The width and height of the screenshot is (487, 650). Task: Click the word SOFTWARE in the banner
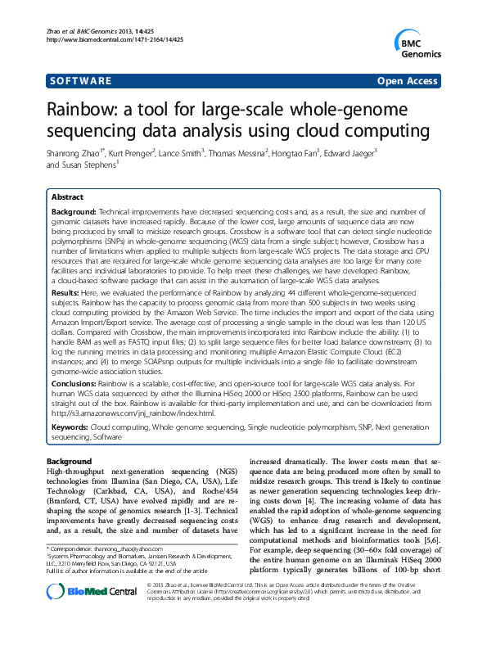(x=80, y=81)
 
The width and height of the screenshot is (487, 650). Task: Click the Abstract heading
(x=67, y=197)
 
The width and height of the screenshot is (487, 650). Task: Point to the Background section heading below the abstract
(x=69, y=463)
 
